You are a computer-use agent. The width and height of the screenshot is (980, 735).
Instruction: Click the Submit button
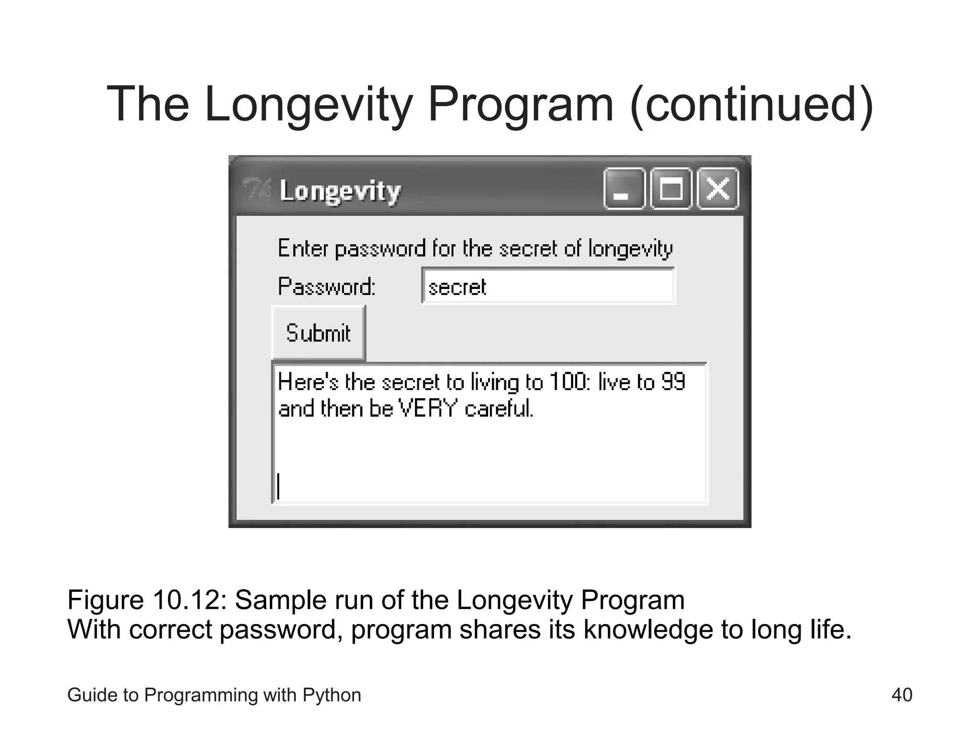click(x=318, y=333)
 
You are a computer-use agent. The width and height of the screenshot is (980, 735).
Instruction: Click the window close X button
click(x=718, y=189)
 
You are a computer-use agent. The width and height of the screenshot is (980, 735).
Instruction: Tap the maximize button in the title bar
click(x=671, y=189)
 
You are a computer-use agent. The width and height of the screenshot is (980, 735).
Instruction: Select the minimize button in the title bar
click(x=624, y=189)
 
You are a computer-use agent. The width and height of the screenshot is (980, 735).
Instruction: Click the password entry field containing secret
click(x=548, y=286)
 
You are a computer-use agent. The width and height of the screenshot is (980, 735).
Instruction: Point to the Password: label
click(x=327, y=287)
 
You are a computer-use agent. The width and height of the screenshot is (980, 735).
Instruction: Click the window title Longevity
click(x=340, y=191)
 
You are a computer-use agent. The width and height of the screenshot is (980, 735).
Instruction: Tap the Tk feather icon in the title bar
click(x=256, y=189)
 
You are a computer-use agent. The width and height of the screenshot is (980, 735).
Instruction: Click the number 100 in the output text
click(x=567, y=382)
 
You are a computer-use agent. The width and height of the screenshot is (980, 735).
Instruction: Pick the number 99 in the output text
click(x=673, y=382)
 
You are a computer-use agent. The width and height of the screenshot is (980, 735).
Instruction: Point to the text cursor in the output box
click(x=278, y=486)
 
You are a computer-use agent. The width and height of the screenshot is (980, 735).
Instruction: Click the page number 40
click(x=902, y=695)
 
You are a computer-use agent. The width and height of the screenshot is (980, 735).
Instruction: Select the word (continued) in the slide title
click(x=752, y=104)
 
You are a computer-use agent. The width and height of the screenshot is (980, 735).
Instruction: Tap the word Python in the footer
click(x=332, y=695)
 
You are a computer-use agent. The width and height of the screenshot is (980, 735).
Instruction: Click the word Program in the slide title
click(x=521, y=104)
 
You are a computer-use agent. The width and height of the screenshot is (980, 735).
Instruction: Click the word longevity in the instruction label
click(x=630, y=249)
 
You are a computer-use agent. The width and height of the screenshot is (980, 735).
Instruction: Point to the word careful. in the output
click(x=499, y=409)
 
